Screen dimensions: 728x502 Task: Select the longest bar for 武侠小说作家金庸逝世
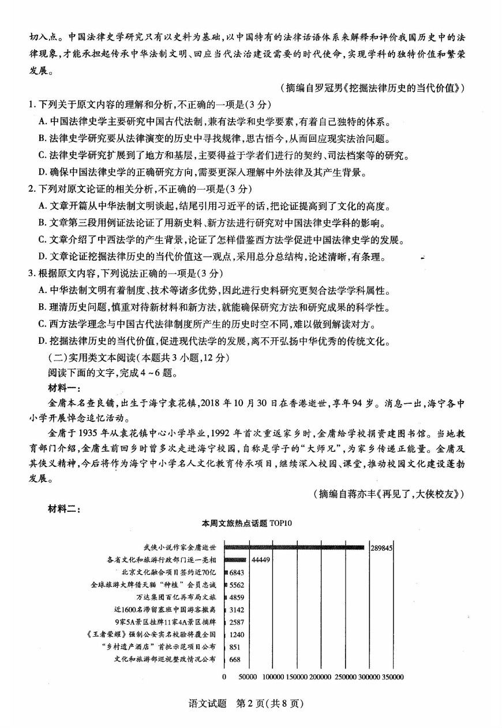point(294,547)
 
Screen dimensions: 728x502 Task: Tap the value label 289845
point(381,548)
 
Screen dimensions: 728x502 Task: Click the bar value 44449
point(261,560)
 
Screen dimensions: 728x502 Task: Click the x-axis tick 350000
point(391,677)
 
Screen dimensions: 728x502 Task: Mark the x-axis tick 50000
point(248,677)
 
